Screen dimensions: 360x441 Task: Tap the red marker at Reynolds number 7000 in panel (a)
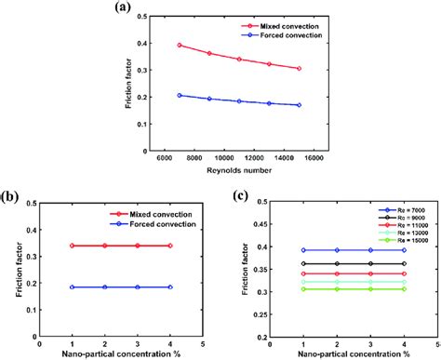pos(180,45)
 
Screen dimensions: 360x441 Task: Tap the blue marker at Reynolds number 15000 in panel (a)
pos(299,105)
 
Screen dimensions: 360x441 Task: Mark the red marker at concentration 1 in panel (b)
pos(73,246)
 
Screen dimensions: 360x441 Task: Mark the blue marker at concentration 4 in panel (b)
pos(171,287)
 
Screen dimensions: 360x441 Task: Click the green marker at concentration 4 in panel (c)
pos(403,289)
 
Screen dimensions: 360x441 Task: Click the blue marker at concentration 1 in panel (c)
pos(304,249)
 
